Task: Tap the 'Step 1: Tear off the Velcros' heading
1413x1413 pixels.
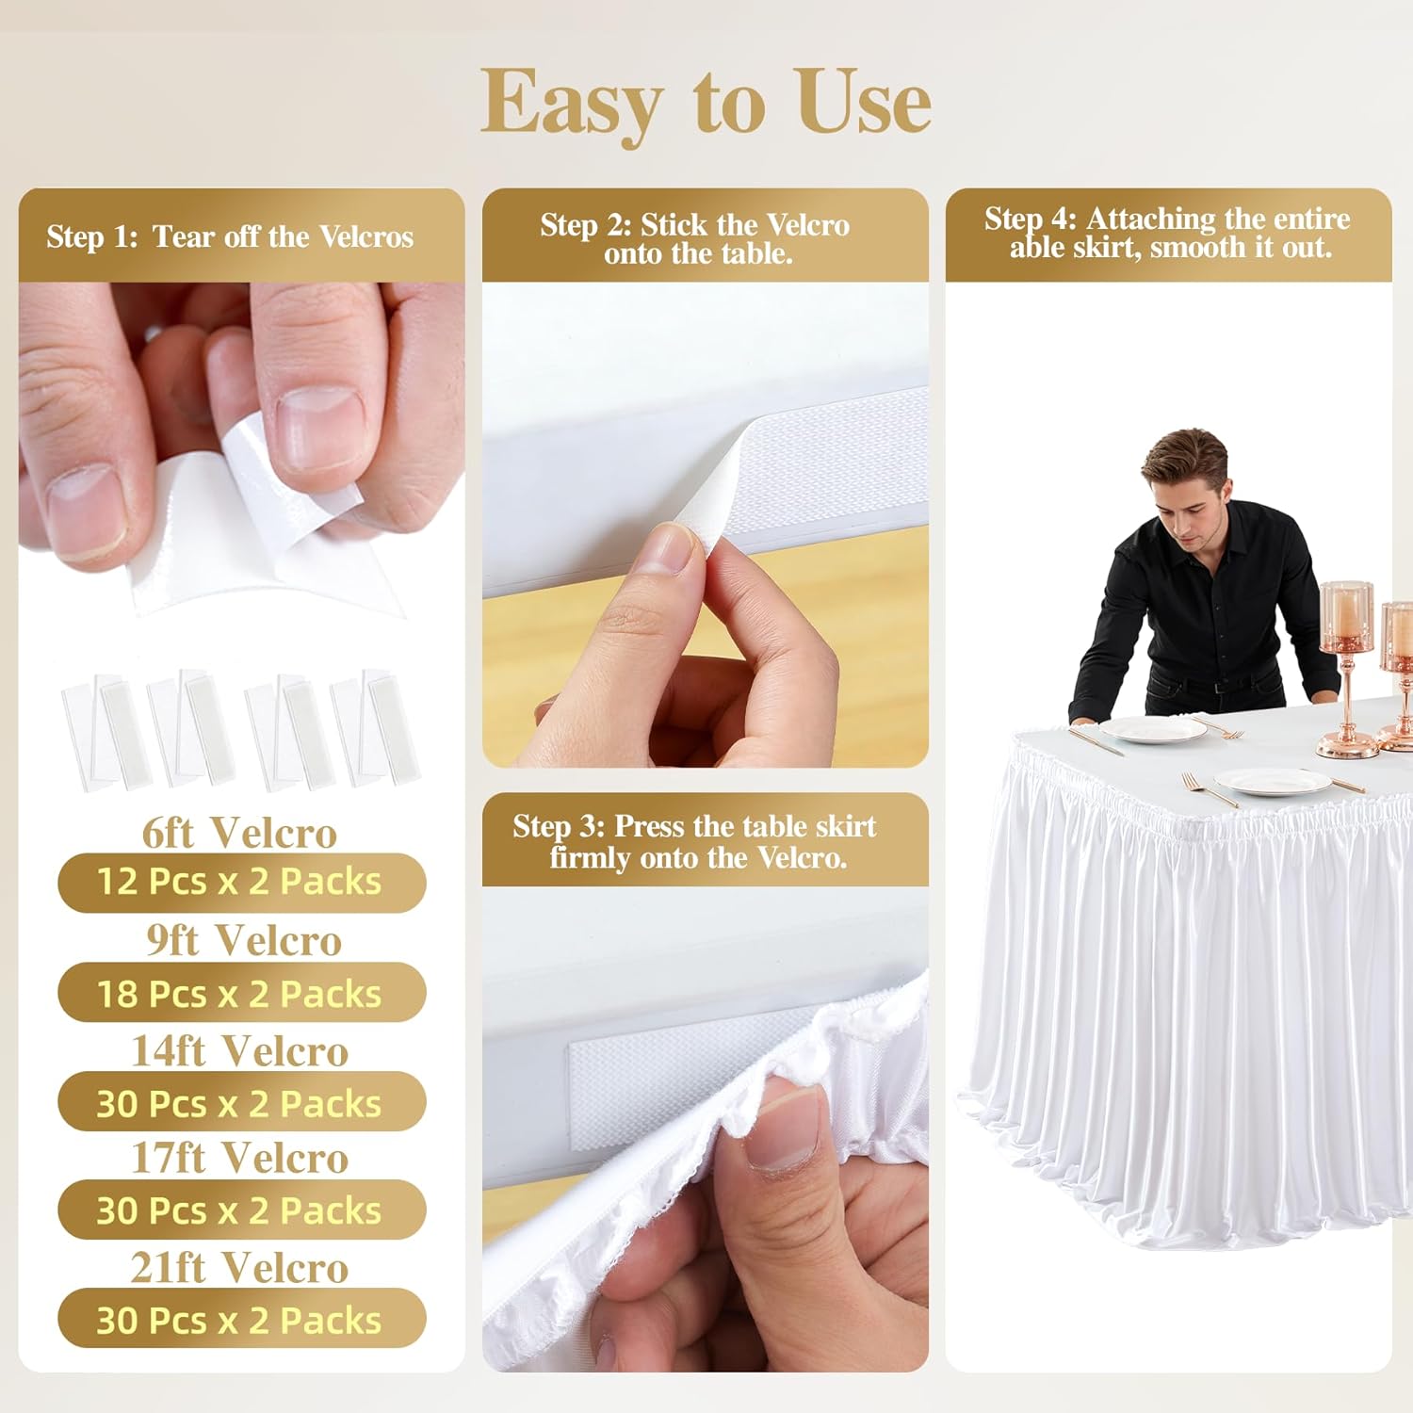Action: (230, 236)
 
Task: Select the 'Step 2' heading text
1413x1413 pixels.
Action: (695, 238)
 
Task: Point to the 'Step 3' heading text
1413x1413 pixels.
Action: (695, 841)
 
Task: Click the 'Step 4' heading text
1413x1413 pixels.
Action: (1167, 233)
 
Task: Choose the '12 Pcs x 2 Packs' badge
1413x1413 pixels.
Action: (241, 883)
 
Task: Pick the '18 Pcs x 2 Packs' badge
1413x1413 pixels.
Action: (241, 994)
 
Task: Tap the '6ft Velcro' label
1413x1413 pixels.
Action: (239, 833)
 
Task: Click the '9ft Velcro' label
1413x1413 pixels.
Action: (243, 940)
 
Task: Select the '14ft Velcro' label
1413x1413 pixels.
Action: (239, 1051)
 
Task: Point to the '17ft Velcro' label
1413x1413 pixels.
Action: (239, 1159)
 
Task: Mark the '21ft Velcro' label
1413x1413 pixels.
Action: (239, 1268)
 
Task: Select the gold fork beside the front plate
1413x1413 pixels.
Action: (1210, 789)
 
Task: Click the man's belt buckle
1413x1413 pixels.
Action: (1222, 687)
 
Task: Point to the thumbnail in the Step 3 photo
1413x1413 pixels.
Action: (785, 1126)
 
